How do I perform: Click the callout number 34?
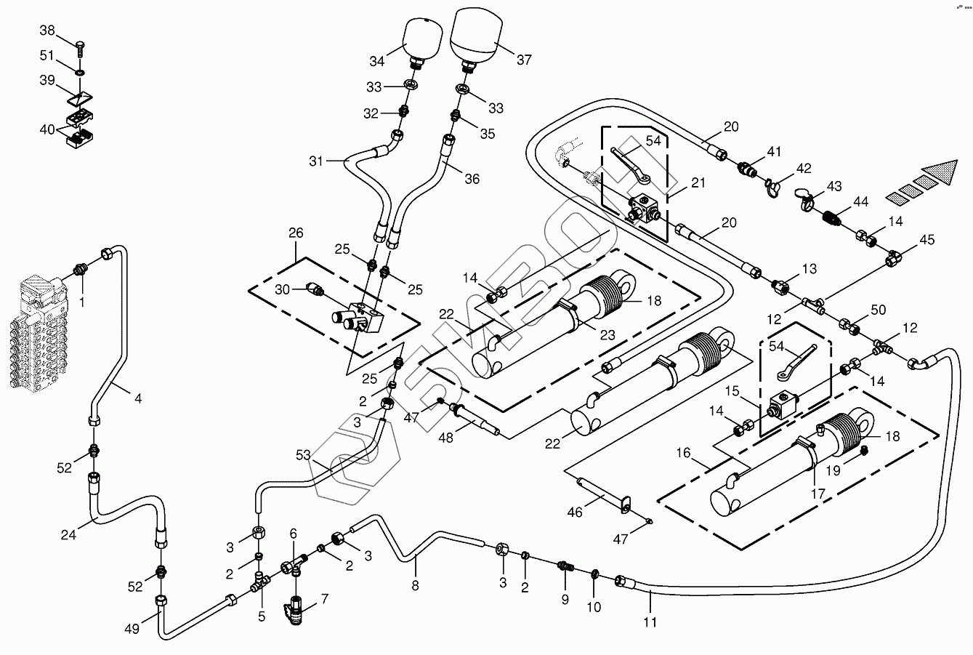(x=376, y=60)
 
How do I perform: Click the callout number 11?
(x=650, y=622)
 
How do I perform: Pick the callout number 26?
(x=296, y=233)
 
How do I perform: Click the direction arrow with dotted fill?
(x=933, y=178)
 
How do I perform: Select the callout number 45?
(x=927, y=240)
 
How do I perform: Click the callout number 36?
(x=472, y=179)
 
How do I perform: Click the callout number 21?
(x=698, y=183)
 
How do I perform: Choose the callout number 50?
(x=879, y=310)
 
